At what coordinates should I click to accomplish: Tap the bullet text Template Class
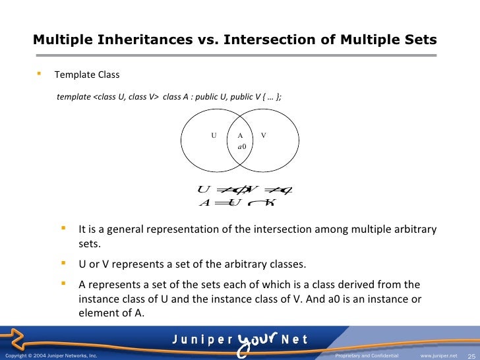coord(87,75)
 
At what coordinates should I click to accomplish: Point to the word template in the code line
coord(74,97)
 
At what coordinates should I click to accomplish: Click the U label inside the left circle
coord(214,135)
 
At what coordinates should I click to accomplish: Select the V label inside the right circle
coord(264,135)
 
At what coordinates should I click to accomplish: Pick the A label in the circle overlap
coord(241,135)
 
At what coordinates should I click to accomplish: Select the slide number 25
coord(471,355)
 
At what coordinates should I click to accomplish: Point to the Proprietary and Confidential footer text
coord(367,355)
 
